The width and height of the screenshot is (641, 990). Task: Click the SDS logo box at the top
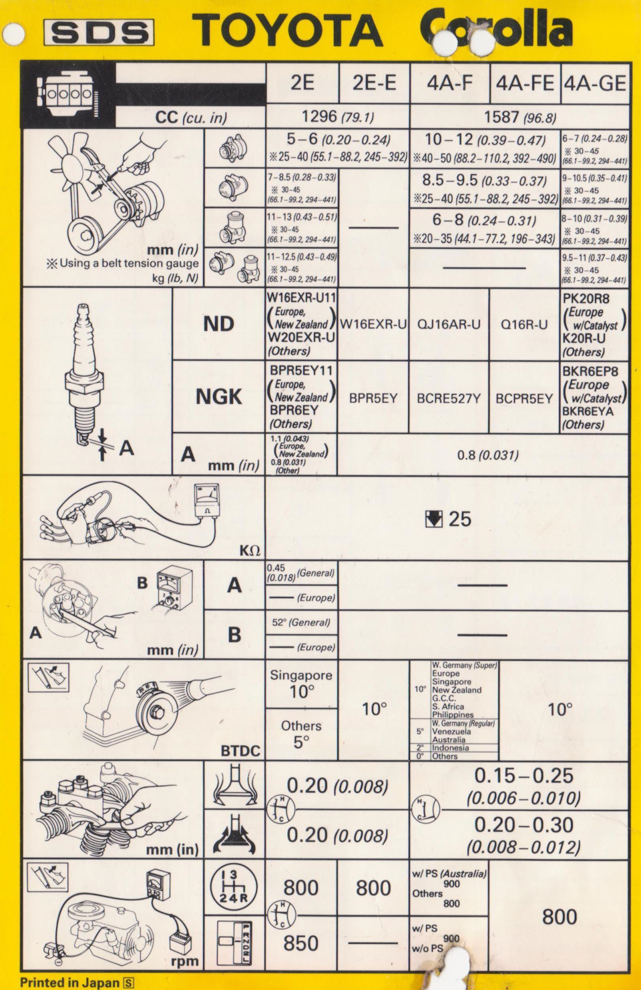[x=99, y=32]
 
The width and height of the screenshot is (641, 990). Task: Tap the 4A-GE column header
[x=595, y=83]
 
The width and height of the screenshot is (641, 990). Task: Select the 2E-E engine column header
[x=374, y=83]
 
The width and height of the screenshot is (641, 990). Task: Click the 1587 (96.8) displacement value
[x=519, y=117]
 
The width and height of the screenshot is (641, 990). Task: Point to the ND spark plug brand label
[x=218, y=324]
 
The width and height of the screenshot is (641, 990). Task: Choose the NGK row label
[x=218, y=397]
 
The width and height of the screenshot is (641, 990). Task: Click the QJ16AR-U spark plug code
[x=449, y=325]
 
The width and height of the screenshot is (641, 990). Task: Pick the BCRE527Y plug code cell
[x=449, y=399]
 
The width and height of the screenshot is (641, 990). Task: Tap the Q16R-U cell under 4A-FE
[x=524, y=325]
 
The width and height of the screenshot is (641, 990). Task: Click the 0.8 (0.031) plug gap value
[x=487, y=455]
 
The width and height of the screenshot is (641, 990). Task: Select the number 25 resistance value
[x=459, y=519]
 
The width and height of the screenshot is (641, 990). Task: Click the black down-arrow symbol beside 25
[x=433, y=519]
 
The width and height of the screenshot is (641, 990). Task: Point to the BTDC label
[x=240, y=751]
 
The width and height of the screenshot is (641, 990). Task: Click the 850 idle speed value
[x=300, y=943]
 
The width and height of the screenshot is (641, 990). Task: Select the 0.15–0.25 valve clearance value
[x=523, y=776]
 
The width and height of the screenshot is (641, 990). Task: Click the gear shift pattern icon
[x=233, y=887]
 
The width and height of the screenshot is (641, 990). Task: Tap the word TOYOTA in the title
[x=288, y=31]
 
